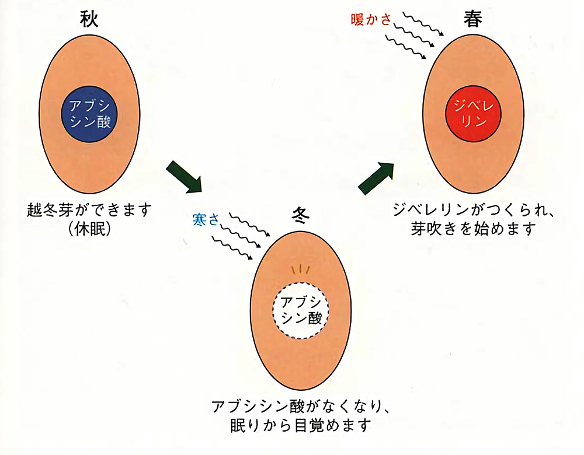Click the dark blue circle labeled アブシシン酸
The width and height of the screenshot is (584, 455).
[x=90, y=114]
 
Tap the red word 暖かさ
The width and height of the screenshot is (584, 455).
[x=371, y=20]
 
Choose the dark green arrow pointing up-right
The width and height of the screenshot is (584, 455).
[x=376, y=177]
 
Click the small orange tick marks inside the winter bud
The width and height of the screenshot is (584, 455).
[x=300, y=269]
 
